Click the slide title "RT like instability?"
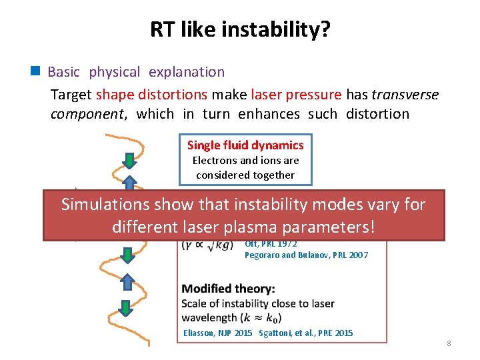239,29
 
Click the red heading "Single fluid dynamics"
245,145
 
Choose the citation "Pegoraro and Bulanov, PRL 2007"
306,255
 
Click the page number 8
449,343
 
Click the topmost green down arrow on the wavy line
130,160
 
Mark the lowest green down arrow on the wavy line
125,307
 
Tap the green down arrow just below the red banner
125,255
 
